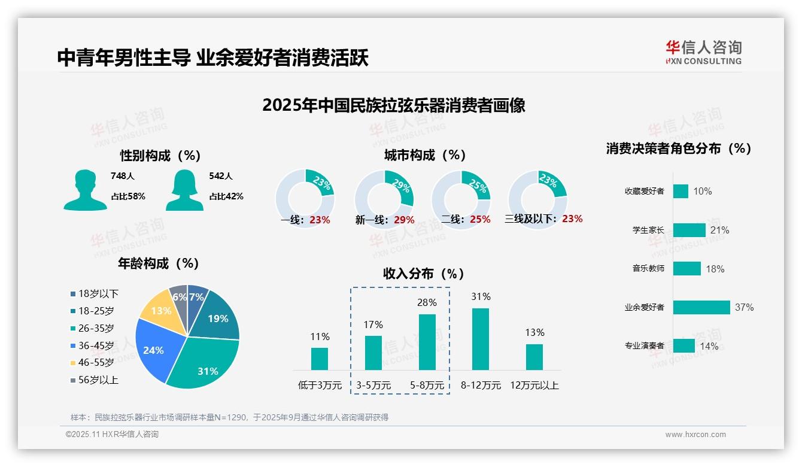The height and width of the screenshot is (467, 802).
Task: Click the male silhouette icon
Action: (x=85, y=190)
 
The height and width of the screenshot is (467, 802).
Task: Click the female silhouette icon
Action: (x=184, y=190)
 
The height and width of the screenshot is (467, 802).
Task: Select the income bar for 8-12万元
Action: (x=481, y=339)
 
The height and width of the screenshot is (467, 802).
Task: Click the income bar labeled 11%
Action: (x=320, y=359)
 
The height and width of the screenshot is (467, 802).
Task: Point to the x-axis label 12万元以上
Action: (x=534, y=386)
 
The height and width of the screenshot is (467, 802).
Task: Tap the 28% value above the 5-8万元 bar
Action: (x=427, y=303)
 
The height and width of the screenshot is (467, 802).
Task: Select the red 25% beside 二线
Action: (x=480, y=220)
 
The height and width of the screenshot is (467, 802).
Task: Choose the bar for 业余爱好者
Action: (x=701, y=307)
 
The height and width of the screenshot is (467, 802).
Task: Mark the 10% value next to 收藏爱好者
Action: (x=703, y=192)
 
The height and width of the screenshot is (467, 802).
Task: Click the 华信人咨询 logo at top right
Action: (x=703, y=53)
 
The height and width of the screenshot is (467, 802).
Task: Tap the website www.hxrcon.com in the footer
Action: (x=695, y=435)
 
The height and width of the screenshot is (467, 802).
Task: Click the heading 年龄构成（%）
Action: (x=159, y=263)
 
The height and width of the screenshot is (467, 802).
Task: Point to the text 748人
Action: (x=123, y=176)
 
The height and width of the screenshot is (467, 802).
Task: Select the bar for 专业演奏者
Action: (x=683, y=346)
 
